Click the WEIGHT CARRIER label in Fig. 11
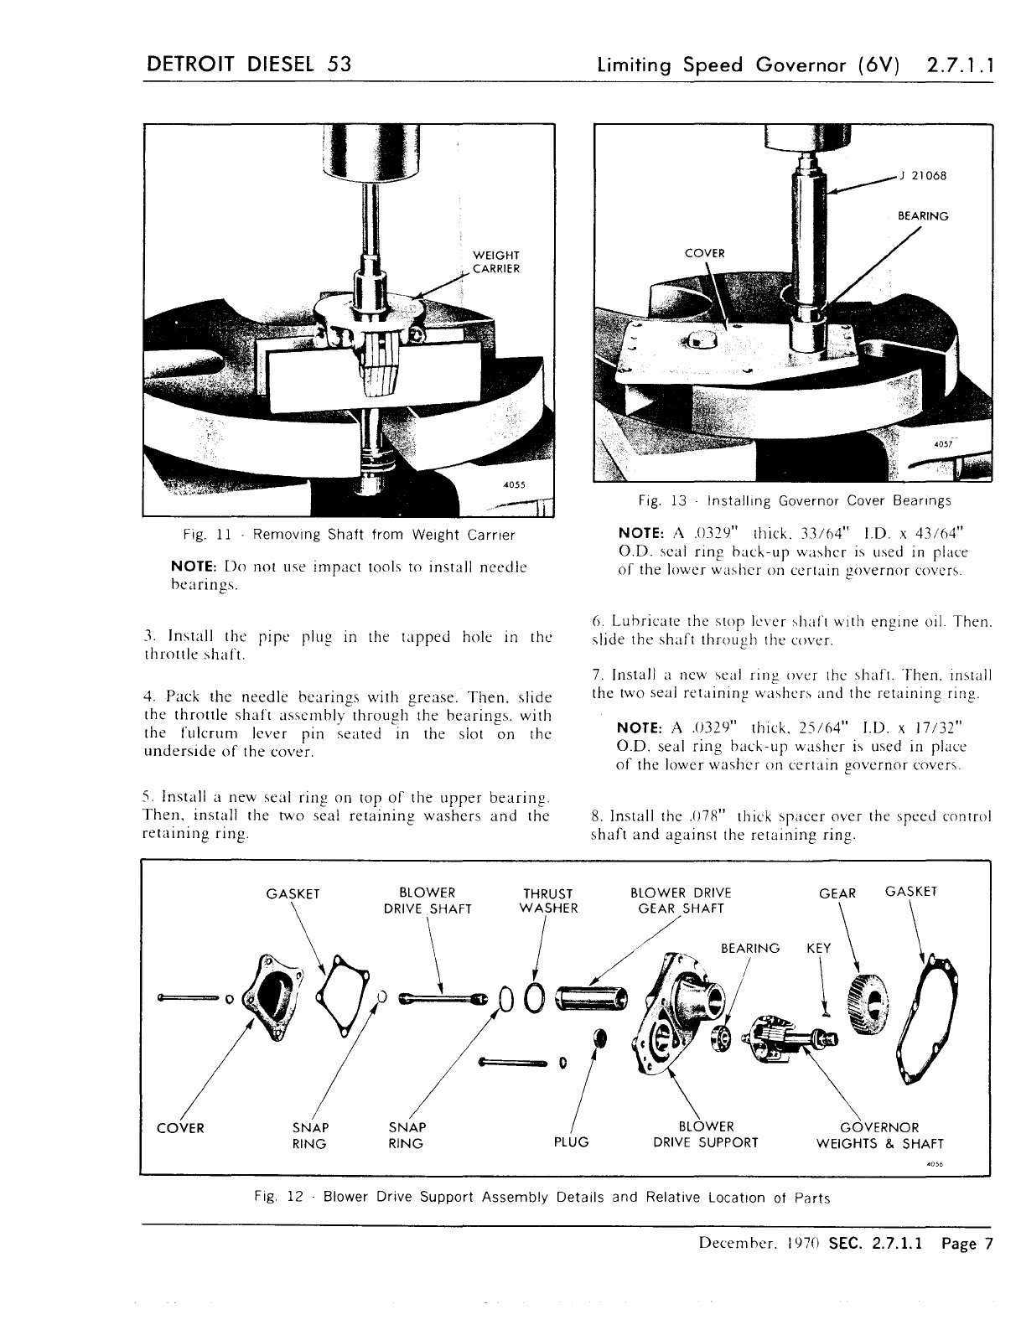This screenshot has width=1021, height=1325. click(497, 261)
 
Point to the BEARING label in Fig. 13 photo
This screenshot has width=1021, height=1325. click(923, 216)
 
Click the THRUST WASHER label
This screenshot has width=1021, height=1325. click(548, 901)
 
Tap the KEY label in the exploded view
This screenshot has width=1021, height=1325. click(818, 949)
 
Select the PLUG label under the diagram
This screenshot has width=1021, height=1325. click(572, 1142)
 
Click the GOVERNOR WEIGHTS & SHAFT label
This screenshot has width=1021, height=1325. click(879, 1136)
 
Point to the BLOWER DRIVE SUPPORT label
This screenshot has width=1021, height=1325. click(705, 1135)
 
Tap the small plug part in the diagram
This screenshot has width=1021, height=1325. click(599, 1038)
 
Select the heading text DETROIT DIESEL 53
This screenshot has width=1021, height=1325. click(248, 65)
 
